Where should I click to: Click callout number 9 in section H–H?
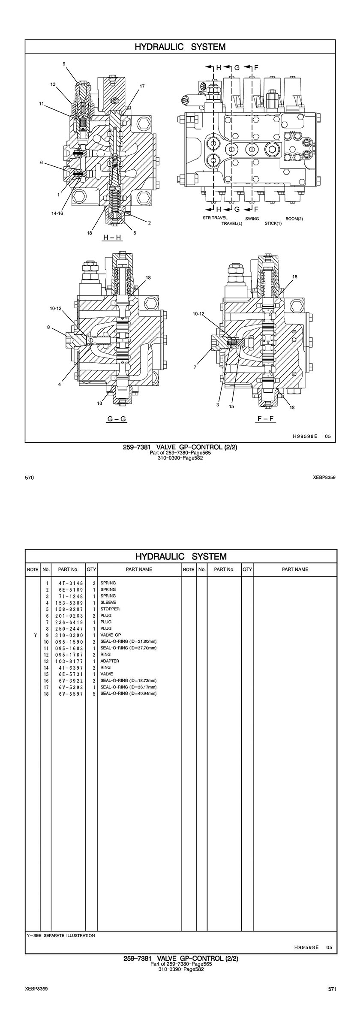(64, 64)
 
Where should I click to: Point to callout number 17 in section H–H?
(142, 86)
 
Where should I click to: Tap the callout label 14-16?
(57, 213)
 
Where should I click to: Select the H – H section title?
(112, 237)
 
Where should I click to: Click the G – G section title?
(117, 419)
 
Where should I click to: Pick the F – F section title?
(266, 418)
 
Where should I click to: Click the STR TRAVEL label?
(215, 218)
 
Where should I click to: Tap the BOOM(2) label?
(294, 219)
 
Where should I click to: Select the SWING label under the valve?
(252, 219)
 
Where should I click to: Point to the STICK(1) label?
(273, 223)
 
